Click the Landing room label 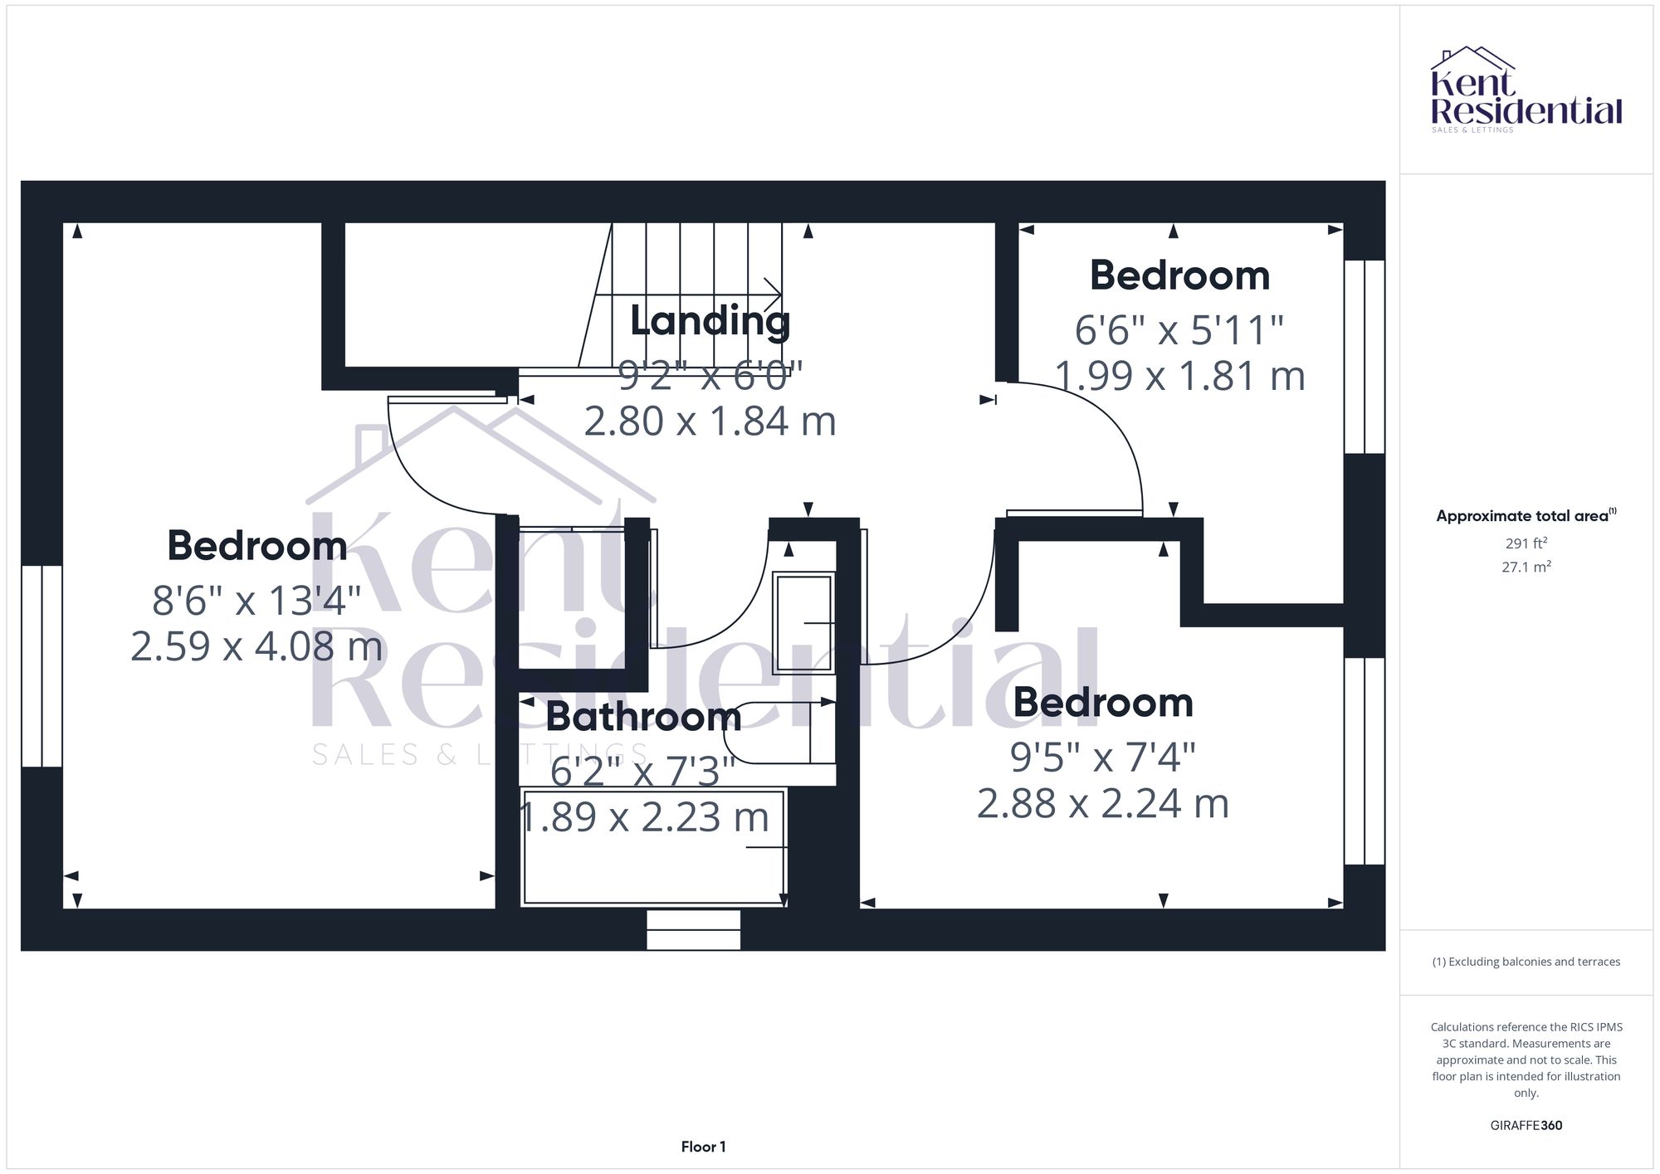tap(710, 321)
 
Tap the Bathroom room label tap(643, 717)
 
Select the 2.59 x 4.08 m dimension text tap(256, 646)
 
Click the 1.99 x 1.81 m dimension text tap(1179, 376)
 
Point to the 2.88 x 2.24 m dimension tap(1102, 804)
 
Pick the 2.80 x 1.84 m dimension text tap(710, 421)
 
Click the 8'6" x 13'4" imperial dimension tap(256, 600)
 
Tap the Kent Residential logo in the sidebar tap(1526, 90)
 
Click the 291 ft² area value tap(1526, 543)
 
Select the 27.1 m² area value tap(1526, 568)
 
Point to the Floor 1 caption tap(703, 1147)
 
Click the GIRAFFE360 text tap(1526, 1126)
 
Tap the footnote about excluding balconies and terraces tap(1526, 962)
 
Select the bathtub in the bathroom tap(653, 848)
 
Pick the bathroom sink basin tap(803, 622)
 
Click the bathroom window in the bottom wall tap(693, 930)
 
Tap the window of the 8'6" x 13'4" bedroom tap(41, 666)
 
